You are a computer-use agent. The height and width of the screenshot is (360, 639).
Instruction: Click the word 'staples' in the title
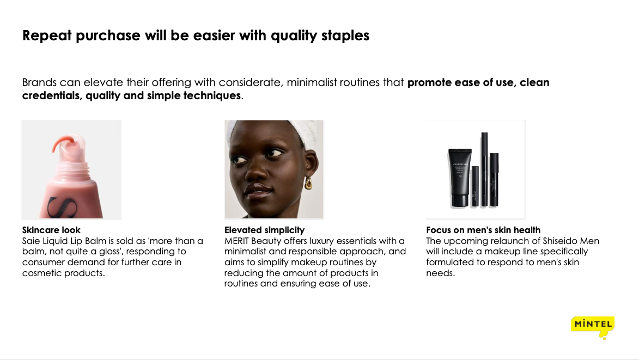pyautogui.click(x=345, y=35)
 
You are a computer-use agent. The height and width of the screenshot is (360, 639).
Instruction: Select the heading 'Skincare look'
pyautogui.click(x=51, y=230)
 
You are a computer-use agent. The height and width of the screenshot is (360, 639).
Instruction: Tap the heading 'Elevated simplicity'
pyautogui.click(x=265, y=230)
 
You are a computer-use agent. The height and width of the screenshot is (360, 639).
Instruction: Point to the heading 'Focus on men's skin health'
pyautogui.click(x=483, y=230)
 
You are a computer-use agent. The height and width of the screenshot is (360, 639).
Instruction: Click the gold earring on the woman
pyautogui.click(x=308, y=184)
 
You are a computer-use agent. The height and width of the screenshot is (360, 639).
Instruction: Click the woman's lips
pyautogui.click(x=257, y=190)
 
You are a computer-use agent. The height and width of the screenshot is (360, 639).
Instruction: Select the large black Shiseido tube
pyautogui.click(x=460, y=178)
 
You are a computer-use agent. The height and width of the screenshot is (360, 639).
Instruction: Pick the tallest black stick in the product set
pyautogui.click(x=484, y=169)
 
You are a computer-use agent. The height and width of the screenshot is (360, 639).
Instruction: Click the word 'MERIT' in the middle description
pyautogui.click(x=236, y=241)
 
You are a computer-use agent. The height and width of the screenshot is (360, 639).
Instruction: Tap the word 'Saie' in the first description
pyautogui.click(x=31, y=241)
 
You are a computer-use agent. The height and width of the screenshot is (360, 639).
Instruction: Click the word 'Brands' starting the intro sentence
pyautogui.click(x=39, y=83)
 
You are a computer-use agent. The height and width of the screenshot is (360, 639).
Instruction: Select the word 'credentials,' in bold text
pyautogui.click(x=52, y=96)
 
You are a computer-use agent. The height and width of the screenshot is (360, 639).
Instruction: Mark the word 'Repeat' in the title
pyautogui.click(x=47, y=36)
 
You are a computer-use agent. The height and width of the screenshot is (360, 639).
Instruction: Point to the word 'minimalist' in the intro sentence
pyautogui.click(x=312, y=83)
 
